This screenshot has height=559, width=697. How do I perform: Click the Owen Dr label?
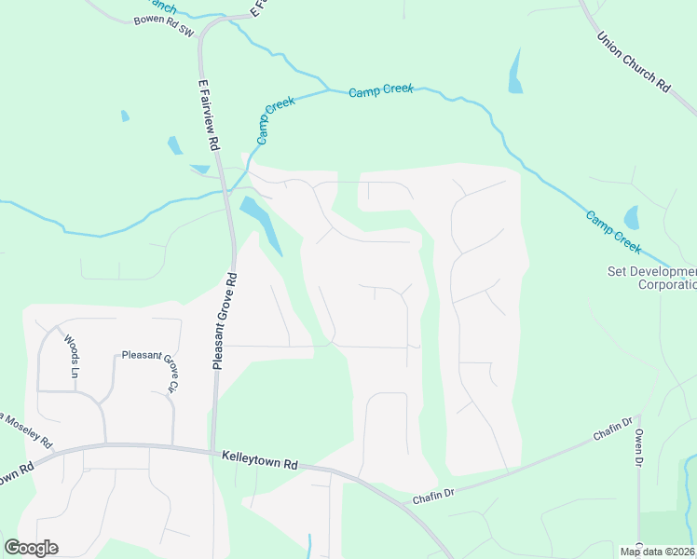pos(639,447)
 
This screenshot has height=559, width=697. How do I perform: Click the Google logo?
pos(32,547)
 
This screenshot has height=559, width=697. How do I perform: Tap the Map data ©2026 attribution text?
pos(657,552)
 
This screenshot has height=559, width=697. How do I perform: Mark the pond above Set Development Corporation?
pos(632,218)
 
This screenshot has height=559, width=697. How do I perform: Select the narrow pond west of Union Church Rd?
pos(515,71)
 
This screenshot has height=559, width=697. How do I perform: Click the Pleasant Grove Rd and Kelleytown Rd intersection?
pos(213,449)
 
